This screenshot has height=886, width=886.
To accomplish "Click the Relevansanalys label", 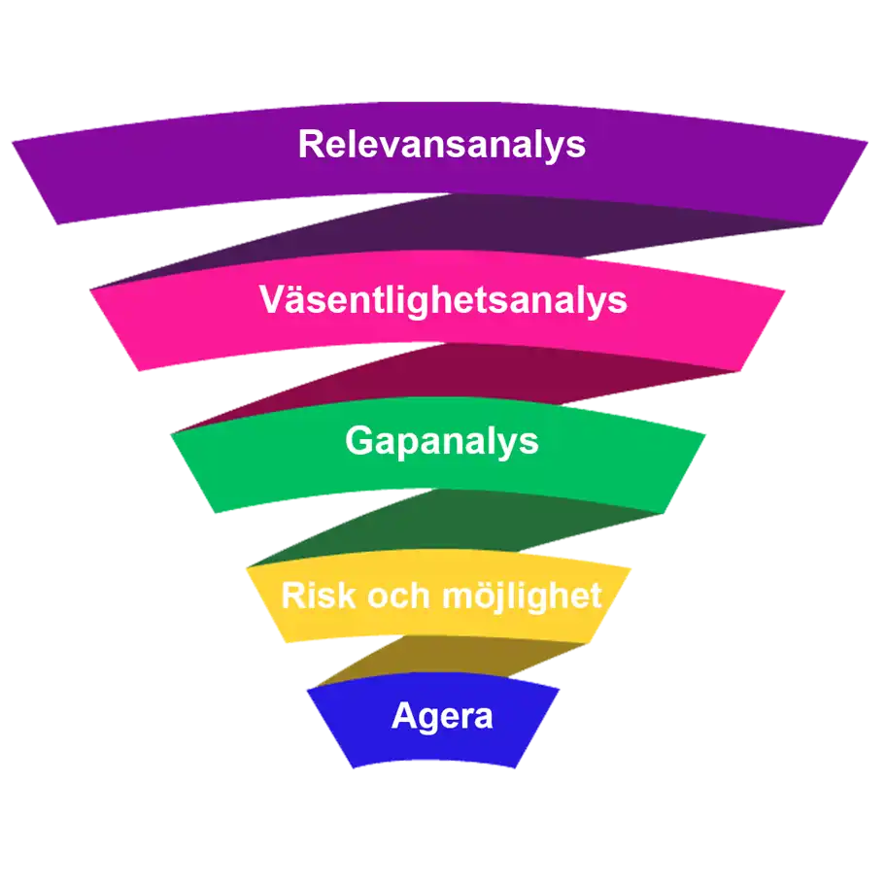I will [x=442, y=145].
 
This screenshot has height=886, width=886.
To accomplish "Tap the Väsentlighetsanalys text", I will [x=443, y=300].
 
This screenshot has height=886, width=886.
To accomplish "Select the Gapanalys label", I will [x=442, y=441].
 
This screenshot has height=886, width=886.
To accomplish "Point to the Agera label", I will [x=442, y=717].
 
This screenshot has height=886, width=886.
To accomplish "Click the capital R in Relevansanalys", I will [x=311, y=145].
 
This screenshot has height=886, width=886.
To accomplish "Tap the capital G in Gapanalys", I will [x=358, y=441].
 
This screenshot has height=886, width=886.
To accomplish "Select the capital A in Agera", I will [x=403, y=717].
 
